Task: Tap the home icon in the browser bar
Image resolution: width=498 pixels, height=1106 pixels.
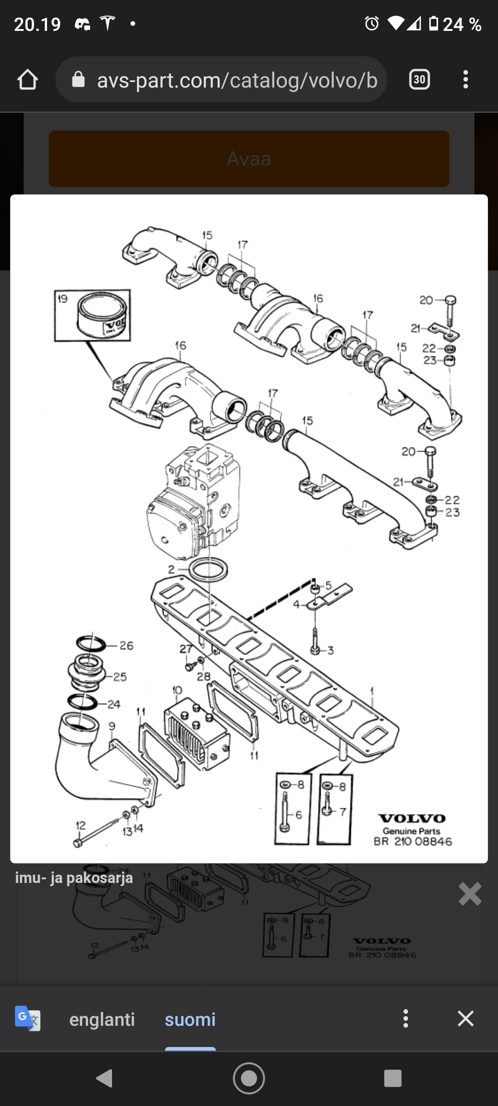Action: click(x=28, y=80)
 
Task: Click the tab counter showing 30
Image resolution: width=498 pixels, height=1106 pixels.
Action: click(x=419, y=80)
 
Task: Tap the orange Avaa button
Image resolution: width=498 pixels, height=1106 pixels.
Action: click(x=249, y=159)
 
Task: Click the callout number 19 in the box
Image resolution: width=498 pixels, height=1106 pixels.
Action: click(x=63, y=299)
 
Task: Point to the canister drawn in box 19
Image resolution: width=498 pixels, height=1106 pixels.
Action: click(x=102, y=316)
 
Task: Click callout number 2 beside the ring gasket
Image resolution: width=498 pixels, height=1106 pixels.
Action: click(x=172, y=569)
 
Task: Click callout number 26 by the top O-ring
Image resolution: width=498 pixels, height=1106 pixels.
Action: click(x=126, y=646)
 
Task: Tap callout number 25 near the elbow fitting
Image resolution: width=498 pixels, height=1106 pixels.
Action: click(x=120, y=677)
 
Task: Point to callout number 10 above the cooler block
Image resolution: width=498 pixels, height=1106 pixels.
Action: click(x=177, y=690)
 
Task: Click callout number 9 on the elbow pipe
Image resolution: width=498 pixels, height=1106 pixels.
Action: click(x=112, y=726)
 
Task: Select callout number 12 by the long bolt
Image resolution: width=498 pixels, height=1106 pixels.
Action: click(x=81, y=825)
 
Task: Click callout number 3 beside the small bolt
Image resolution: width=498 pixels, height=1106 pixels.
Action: click(x=330, y=651)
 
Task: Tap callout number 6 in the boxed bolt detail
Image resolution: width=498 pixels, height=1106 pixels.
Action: click(x=299, y=815)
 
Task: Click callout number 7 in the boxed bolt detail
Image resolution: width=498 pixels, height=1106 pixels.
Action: click(x=343, y=812)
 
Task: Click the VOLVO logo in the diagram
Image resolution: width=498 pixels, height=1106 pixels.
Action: click(x=412, y=818)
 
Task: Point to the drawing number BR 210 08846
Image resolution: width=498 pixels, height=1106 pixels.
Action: click(x=413, y=841)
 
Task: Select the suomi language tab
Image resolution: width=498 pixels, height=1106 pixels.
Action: click(x=190, y=1019)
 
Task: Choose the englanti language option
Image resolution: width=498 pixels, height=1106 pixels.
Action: click(x=102, y=1019)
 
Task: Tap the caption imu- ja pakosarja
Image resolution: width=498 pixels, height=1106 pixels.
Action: click(x=74, y=878)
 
